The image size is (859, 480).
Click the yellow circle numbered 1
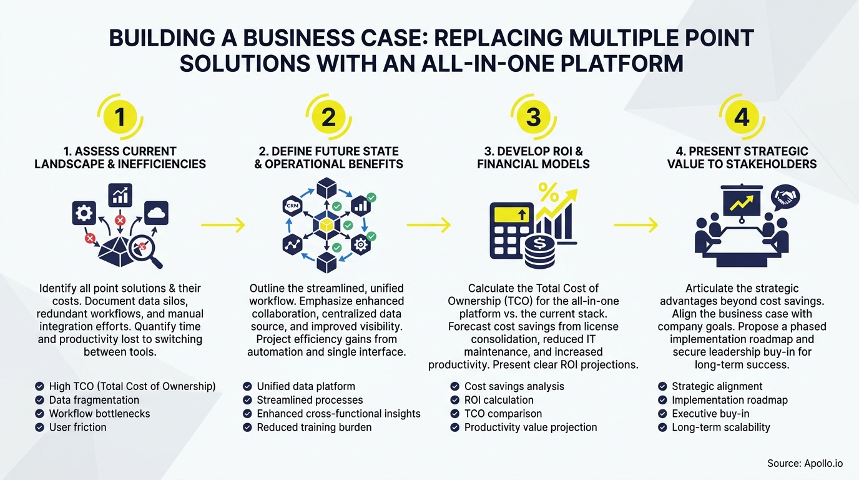pyautogui.click(x=120, y=117)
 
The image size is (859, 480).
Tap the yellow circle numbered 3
pyautogui.click(x=533, y=117)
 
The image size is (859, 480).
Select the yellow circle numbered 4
pyautogui.click(x=741, y=117)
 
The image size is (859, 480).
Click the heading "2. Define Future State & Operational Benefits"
pyautogui.click(x=328, y=157)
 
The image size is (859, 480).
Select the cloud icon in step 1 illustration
pyautogui.click(x=156, y=214)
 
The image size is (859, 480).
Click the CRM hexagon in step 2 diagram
pyautogui.click(x=292, y=205)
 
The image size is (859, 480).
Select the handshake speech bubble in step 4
pyautogui.click(x=785, y=198)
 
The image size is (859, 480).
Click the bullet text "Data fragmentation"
pyautogui.click(x=94, y=400)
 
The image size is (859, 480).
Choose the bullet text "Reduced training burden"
pyautogui.click(x=314, y=427)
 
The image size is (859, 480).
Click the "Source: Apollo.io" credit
pyautogui.click(x=805, y=463)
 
